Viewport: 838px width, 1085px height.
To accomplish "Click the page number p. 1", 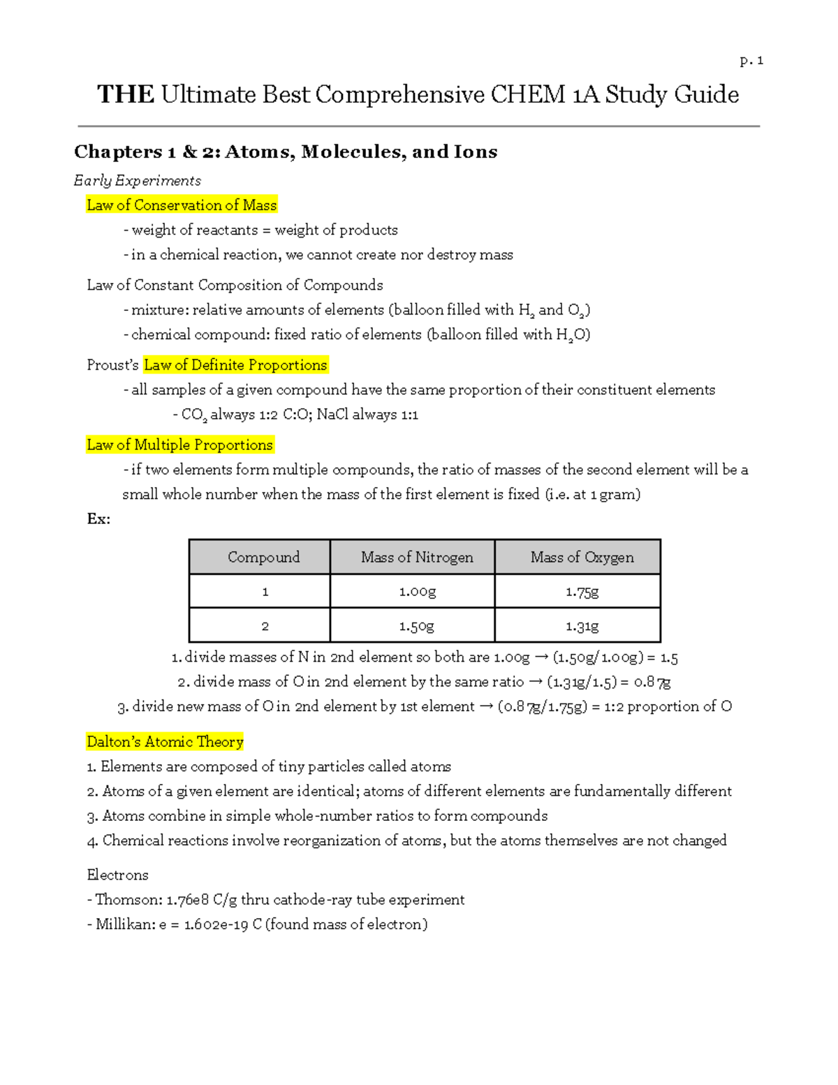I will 751,61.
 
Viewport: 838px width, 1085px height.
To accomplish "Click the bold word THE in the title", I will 126,94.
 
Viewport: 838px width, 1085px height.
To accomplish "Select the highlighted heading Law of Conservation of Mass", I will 182,205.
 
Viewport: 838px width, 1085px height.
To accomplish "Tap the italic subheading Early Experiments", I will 138,180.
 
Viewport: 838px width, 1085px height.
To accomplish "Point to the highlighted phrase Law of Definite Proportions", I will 235,365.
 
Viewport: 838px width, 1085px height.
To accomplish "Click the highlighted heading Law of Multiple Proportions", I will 179,444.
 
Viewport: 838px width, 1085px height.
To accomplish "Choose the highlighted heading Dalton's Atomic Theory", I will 165,741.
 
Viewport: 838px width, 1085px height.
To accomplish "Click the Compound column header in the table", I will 263,557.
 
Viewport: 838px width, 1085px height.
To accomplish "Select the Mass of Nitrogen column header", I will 417,557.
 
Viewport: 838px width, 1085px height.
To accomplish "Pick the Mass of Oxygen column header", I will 582,557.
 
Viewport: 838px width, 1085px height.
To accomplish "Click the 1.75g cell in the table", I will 582,592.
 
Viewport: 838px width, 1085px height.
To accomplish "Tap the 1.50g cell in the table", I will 417,626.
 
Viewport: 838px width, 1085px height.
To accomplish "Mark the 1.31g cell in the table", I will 582,626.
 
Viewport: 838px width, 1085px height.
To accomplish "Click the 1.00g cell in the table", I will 417,592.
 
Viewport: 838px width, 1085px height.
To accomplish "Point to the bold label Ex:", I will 98,518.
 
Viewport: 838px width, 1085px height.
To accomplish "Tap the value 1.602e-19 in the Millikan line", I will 216,924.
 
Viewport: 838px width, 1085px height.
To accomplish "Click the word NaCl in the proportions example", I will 332,414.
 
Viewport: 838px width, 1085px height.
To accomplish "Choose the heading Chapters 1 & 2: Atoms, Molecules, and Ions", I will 286,152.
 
